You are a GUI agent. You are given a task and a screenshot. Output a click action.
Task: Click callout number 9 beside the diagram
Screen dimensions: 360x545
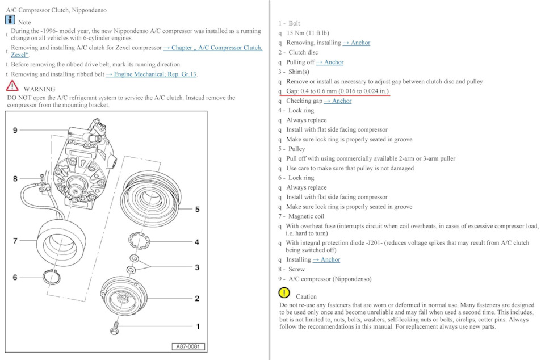pyautogui.click(x=15, y=131)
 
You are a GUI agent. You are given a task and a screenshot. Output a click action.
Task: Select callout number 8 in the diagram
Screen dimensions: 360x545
pyautogui.click(x=15, y=179)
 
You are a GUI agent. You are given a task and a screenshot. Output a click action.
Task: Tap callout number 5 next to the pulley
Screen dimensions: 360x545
pyautogui.click(x=197, y=210)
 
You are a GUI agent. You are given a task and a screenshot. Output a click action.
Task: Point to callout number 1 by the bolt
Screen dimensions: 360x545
pyautogui.click(x=197, y=326)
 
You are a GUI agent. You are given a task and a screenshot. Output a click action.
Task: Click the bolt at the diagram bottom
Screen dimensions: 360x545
pyautogui.click(x=116, y=327)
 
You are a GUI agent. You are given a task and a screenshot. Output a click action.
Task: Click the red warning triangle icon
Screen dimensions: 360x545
pyautogui.click(x=12, y=87)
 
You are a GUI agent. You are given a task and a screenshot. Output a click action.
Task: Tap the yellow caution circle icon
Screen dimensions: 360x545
pyautogui.click(x=284, y=293)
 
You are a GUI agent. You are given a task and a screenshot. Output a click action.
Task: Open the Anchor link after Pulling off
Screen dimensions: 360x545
pyautogui.click(x=330, y=62)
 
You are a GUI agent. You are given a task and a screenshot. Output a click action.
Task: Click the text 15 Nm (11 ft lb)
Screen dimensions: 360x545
pyautogui.click(x=307, y=33)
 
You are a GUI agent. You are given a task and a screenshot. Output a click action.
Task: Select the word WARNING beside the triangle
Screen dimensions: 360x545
pyautogui.click(x=39, y=89)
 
